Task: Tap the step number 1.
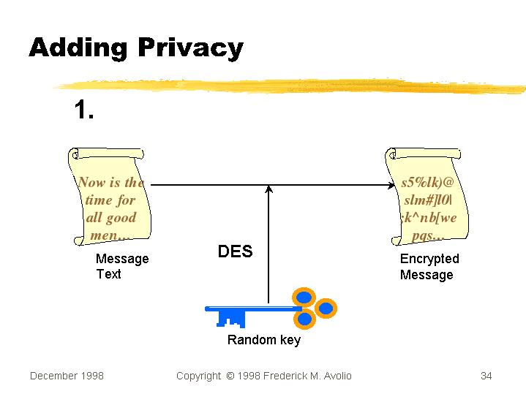[83, 110]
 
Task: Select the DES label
[235, 252]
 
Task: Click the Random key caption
[263, 340]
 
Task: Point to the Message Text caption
[121, 266]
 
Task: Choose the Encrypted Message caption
[429, 267]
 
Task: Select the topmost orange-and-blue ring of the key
[303, 296]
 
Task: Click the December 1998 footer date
[67, 376]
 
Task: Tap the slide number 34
[486, 376]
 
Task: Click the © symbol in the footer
[230, 376]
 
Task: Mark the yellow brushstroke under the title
[293, 85]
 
